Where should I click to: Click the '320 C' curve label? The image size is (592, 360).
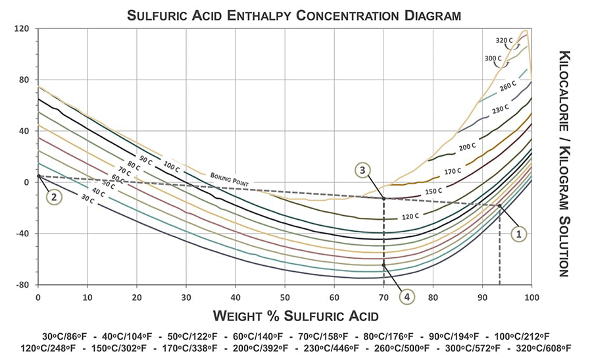504,41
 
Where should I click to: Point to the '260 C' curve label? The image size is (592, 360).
506,86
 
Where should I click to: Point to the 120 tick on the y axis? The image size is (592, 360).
23,29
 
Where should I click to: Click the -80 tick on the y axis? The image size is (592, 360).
23,285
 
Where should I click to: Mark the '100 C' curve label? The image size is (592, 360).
171,168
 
